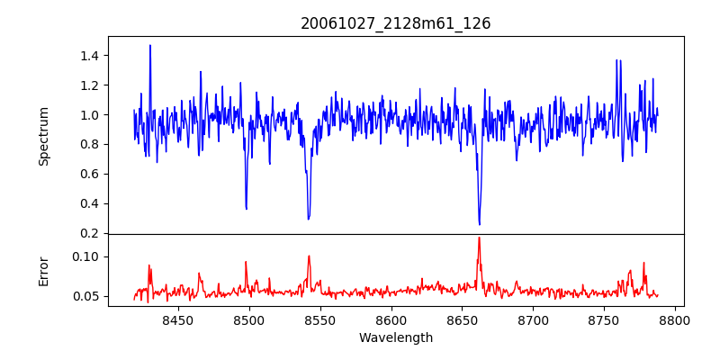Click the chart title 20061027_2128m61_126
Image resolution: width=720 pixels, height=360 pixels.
click(x=395, y=23)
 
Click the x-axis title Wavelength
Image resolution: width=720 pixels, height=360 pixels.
click(x=395, y=338)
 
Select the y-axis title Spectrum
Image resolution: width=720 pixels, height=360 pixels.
click(x=43, y=136)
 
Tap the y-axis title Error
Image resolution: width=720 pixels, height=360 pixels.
click(x=43, y=270)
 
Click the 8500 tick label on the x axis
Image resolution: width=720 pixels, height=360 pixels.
click(x=249, y=319)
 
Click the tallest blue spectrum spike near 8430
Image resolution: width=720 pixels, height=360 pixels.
click(x=150, y=46)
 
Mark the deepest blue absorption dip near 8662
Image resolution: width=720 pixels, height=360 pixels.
click(x=479, y=224)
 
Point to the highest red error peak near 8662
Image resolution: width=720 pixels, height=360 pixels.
click(x=479, y=238)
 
